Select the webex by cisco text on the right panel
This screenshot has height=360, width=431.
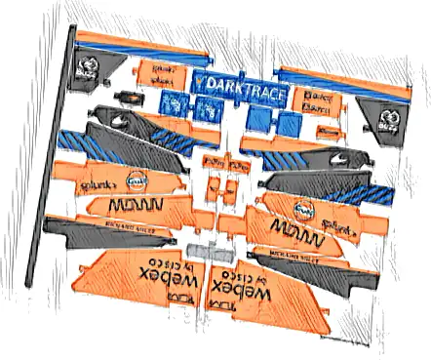287,282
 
